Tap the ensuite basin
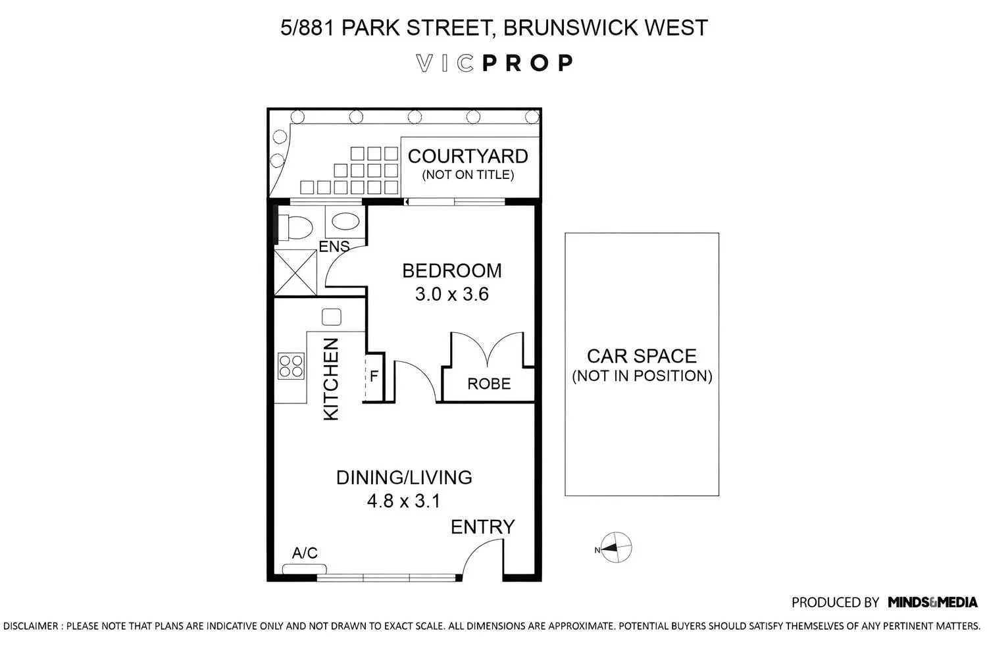click(345, 222)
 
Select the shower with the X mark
click(295, 272)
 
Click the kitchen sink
click(332, 317)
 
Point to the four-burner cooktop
click(291, 366)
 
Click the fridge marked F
click(374, 377)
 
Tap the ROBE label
click(489, 384)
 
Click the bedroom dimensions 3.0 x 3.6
click(451, 294)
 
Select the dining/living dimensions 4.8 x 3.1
click(403, 501)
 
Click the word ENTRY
click(482, 526)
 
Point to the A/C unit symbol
click(305, 569)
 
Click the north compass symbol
click(615, 548)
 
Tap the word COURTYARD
click(468, 157)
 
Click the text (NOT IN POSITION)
click(642, 376)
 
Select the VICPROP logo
click(494, 63)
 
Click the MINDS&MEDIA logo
click(932, 603)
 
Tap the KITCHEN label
click(331, 379)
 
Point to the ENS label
click(334, 246)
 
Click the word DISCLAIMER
click(31, 626)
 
